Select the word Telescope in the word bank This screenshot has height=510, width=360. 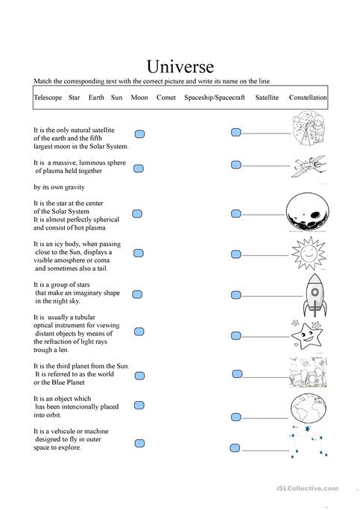(x=48, y=98)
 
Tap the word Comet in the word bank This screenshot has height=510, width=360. (x=166, y=98)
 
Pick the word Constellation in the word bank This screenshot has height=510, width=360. (x=307, y=98)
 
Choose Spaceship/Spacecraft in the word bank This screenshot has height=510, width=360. (x=214, y=98)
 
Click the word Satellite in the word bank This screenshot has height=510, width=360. (x=267, y=98)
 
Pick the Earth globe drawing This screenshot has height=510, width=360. (x=307, y=409)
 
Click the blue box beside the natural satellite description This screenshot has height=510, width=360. (x=139, y=134)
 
